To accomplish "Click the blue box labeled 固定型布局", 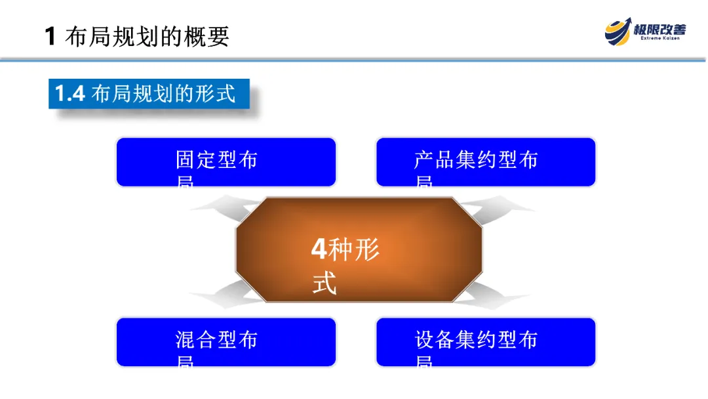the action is (226, 162).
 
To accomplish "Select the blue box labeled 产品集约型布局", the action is (485, 162).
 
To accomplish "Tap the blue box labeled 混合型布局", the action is (226, 342).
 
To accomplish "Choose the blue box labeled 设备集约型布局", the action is (485, 342).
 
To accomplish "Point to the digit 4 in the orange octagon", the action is (319, 249).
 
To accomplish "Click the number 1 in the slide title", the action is (50, 36).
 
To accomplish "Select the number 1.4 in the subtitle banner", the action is (69, 94).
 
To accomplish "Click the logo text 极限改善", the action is (659, 29).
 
